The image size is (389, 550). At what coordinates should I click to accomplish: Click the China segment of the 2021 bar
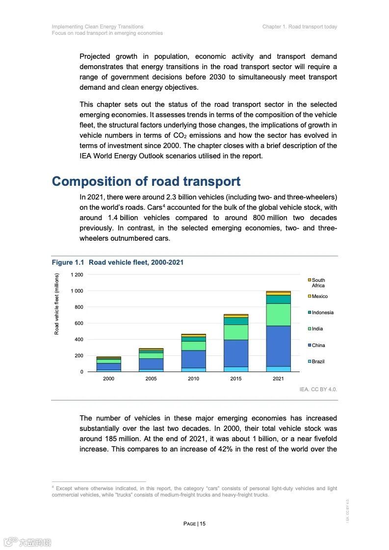tap(278, 346)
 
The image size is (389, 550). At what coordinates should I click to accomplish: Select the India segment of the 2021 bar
tap(278, 314)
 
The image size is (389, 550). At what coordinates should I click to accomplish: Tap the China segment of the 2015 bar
tap(236, 353)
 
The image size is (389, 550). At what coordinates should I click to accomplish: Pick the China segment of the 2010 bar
tap(193, 359)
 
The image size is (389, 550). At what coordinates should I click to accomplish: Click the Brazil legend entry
tap(318, 362)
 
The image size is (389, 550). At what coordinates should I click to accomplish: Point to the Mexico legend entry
tap(319, 297)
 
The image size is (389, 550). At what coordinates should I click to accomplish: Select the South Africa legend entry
tap(318, 283)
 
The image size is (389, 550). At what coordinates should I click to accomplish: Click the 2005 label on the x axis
tap(151, 379)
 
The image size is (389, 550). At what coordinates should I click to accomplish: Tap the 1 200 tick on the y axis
tap(77, 275)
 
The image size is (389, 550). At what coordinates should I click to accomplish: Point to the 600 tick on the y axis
tap(78, 323)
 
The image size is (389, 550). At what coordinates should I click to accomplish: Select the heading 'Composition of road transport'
tap(146, 181)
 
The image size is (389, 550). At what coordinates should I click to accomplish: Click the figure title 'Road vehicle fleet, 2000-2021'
tap(136, 262)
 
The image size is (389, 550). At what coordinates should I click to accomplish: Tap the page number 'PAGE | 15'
tap(194, 524)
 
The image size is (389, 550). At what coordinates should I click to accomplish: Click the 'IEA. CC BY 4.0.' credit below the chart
tap(318, 389)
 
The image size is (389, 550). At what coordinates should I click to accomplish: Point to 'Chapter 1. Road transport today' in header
tap(299, 26)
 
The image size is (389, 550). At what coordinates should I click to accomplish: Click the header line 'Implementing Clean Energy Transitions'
tap(98, 26)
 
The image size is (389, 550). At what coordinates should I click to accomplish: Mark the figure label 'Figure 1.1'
tap(68, 262)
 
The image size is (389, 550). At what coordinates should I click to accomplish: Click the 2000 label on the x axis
tap(108, 379)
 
